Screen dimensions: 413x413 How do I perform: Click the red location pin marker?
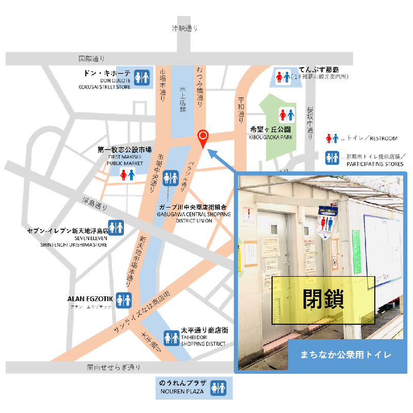click(x=203, y=138)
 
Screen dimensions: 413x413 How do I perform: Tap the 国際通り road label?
click(x=91, y=59)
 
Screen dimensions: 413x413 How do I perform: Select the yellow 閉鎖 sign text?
click(x=323, y=300)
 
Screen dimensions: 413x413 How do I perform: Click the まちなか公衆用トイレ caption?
click(x=346, y=355)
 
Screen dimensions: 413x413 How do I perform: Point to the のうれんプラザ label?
click(x=183, y=384)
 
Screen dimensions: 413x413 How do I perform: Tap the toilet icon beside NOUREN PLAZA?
click(x=219, y=388)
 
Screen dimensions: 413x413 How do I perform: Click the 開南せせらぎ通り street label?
click(x=114, y=368)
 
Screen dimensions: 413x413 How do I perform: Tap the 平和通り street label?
click(x=241, y=109)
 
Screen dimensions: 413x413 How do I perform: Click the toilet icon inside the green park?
click(x=287, y=115)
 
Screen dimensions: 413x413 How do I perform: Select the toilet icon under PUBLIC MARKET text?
click(x=127, y=175)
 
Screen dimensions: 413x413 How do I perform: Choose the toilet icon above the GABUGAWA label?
click(x=170, y=178)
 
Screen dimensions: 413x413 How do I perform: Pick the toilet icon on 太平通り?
click(x=172, y=338)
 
